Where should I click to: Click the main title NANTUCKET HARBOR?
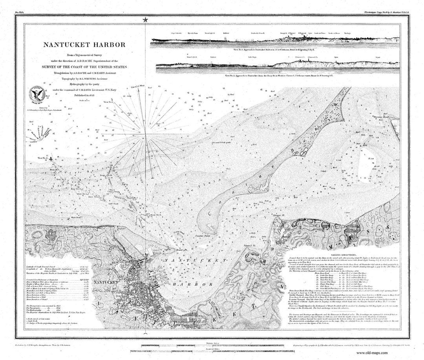tap(84, 45)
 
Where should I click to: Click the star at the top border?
tap(146, 20)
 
